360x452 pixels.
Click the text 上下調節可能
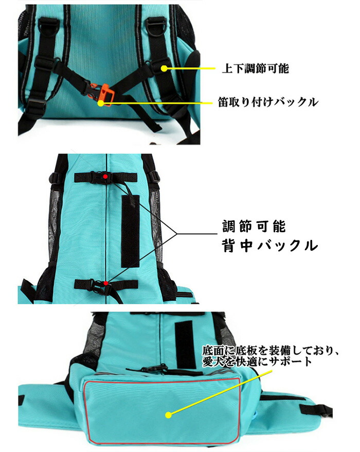pos(255,69)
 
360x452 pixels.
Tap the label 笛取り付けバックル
pos(268,102)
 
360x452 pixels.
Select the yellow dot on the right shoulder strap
pos(164,68)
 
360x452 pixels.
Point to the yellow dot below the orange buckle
pos(101,103)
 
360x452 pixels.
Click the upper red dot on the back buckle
pos(106,177)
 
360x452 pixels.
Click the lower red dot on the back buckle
pos(106,283)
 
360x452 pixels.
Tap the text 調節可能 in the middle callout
pos(254,227)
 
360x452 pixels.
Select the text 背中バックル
pos(270,246)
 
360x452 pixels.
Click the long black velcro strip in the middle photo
pos(130,231)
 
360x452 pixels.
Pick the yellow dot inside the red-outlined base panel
pos(169,415)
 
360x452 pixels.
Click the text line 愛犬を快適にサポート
pos(257,361)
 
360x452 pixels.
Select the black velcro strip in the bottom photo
pos(185,344)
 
